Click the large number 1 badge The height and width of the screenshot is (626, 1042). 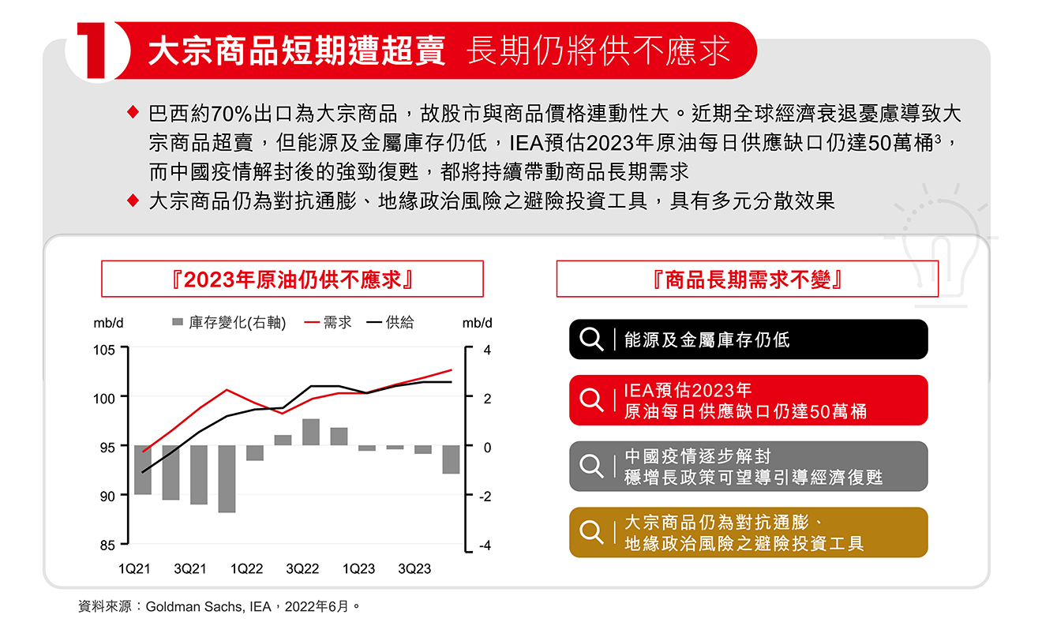point(96,51)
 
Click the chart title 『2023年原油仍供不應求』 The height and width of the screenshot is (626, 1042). point(292,279)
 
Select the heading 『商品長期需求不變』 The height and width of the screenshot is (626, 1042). point(747,279)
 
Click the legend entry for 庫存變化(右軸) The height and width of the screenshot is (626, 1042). point(228,322)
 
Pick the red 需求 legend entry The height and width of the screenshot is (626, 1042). point(328,322)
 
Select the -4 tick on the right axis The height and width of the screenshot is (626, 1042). point(485,545)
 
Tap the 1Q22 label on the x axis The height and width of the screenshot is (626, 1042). point(246,568)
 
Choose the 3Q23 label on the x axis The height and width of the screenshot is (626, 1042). point(414,568)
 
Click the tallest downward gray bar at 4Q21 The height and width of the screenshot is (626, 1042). point(227,479)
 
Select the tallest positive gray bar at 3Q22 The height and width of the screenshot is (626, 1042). point(311,433)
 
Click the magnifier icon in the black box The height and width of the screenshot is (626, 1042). point(591,339)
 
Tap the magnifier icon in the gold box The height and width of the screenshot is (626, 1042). point(591,532)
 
